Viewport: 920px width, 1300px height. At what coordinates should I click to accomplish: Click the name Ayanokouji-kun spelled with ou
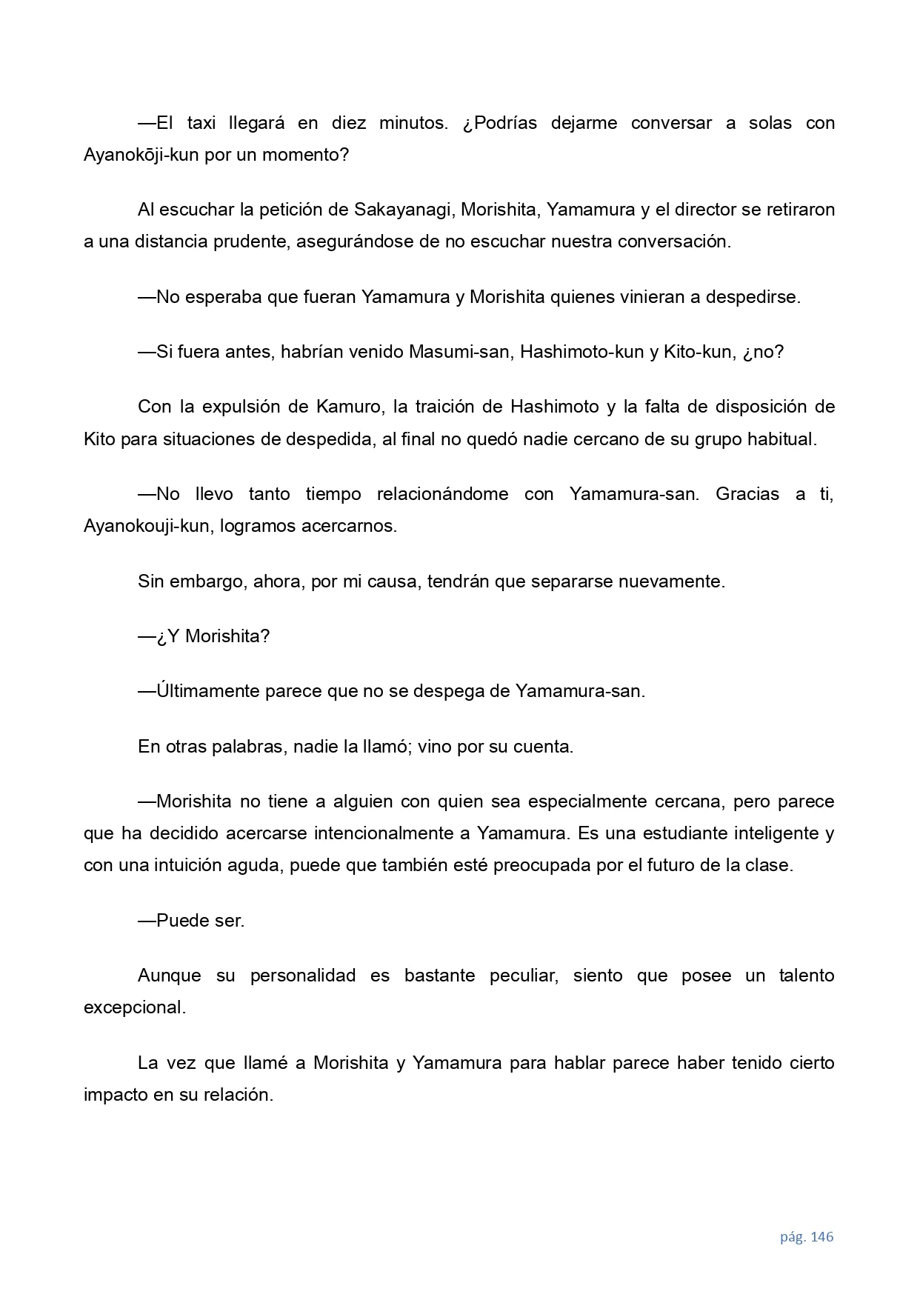click(x=146, y=527)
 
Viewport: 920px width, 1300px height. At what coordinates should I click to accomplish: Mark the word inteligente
click(x=776, y=833)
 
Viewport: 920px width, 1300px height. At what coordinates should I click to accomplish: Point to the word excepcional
click(x=134, y=1007)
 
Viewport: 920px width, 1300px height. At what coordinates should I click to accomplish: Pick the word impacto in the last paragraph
click(x=116, y=1095)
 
